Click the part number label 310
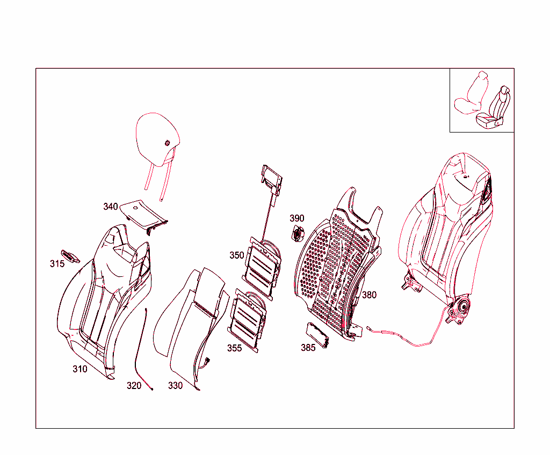tap(80, 369)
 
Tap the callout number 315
tap(57, 263)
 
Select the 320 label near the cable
tap(134, 385)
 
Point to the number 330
tap(175, 385)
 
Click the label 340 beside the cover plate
tap(111, 207)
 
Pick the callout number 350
tap(237, 255)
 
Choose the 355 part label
tap(234, 348)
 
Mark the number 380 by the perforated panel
tap(369, 295)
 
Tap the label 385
tap(308, 347)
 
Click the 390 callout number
tap(297, 218)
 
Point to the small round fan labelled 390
tap(297, 234)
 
